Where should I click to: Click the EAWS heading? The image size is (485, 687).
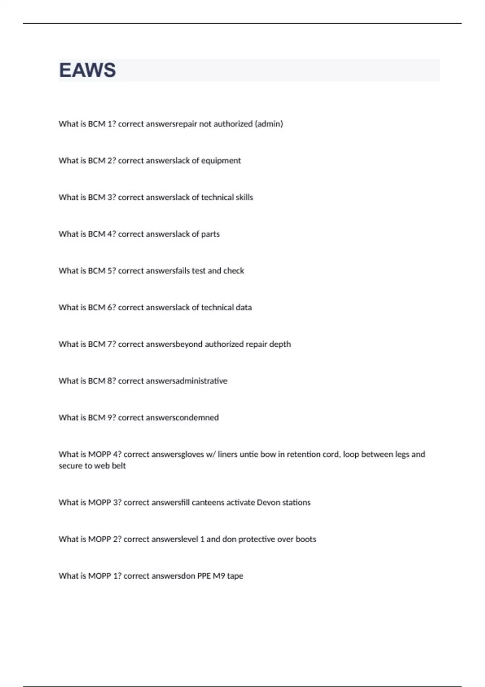87,70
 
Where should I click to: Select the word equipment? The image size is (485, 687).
221,161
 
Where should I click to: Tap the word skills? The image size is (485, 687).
245,197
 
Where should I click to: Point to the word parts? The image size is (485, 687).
211,234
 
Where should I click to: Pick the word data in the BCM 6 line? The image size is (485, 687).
244,308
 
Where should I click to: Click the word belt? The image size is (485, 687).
119,466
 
